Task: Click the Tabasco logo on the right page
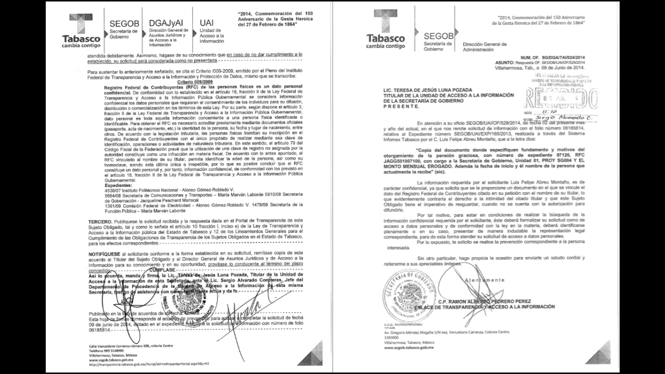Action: tap(385, 31)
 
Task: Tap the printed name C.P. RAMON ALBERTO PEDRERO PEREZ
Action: tap(486, 301)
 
